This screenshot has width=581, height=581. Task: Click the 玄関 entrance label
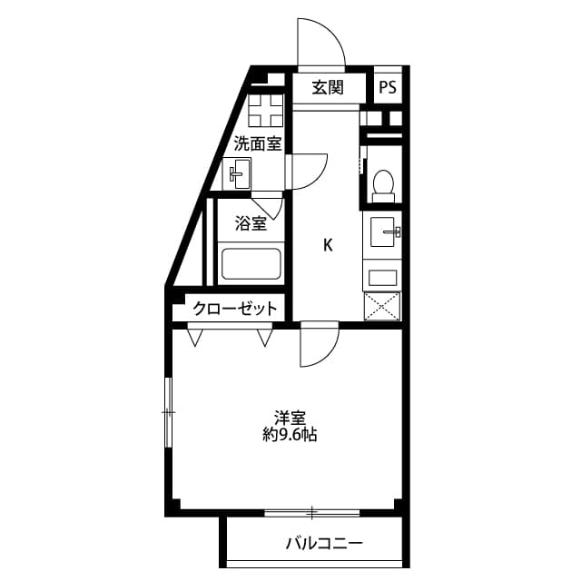(327, 88)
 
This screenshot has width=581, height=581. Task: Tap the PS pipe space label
(388, 88)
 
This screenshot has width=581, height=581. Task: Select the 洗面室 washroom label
(258, 143)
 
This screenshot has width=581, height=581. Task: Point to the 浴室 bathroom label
(251, 223)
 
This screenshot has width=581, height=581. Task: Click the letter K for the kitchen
(328, 245)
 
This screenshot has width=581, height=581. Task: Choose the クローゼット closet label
(234, 309)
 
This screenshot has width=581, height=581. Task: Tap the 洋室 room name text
(290, 418)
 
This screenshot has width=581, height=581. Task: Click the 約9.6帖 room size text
(290, 435)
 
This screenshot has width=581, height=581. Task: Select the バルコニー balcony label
(324, 544)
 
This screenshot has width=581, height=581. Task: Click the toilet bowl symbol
(383, 184)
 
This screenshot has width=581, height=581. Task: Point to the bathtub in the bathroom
(251, 265)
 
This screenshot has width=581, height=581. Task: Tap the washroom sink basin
(239, 172)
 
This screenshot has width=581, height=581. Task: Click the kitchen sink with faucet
(382, 233)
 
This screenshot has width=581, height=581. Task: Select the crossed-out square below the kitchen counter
(381, 306)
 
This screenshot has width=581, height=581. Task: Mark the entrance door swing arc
(320, 45)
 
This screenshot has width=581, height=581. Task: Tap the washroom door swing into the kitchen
(308, 171)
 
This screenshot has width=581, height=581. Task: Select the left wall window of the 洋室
(167, 412)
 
